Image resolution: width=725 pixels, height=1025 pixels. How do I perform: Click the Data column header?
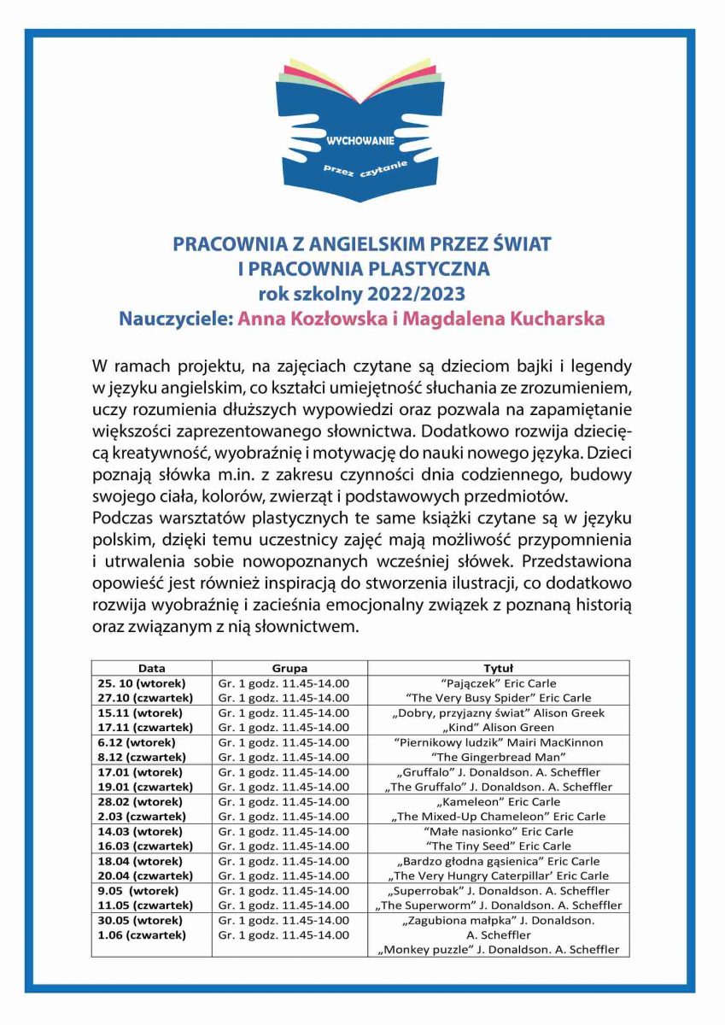(x=151, y=668)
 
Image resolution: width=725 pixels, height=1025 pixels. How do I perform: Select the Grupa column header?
(x=289, y=668)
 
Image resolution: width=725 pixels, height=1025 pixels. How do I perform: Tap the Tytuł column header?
(x=498, y=668)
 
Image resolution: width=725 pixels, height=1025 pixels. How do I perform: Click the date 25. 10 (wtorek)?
(x=142, y=683)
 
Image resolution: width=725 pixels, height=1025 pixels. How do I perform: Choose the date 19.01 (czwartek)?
(x=144, y=787)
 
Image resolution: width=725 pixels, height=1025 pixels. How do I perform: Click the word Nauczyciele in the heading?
(x=175, y=319)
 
